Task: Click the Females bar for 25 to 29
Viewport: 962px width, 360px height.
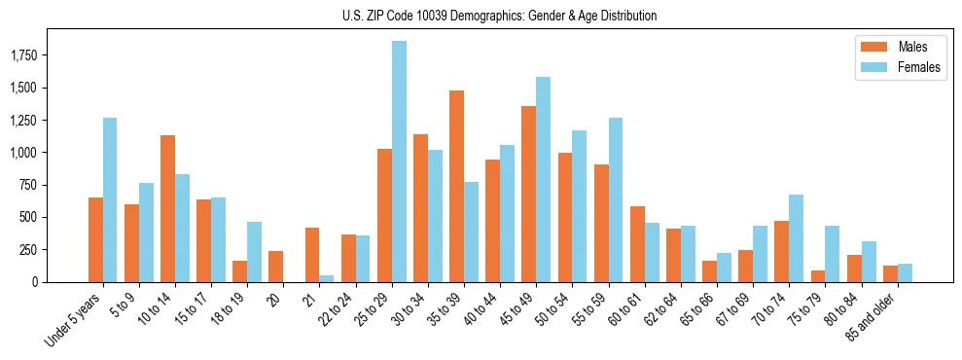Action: click(x=399, y=162)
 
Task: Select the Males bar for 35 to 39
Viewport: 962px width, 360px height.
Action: click(x=456, y=186)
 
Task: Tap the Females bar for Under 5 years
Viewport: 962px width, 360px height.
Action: click(x=110, y=199)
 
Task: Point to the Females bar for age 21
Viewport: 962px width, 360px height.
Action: click(x=327, y=278)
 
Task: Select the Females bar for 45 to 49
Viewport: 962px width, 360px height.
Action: click(x=543, y=179)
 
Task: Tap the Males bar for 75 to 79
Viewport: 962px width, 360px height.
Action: click(x=817, y=276)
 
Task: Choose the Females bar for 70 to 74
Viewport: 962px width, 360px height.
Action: click(x=796, y=238)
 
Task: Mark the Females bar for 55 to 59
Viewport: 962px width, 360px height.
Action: click(x=616, y=199)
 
